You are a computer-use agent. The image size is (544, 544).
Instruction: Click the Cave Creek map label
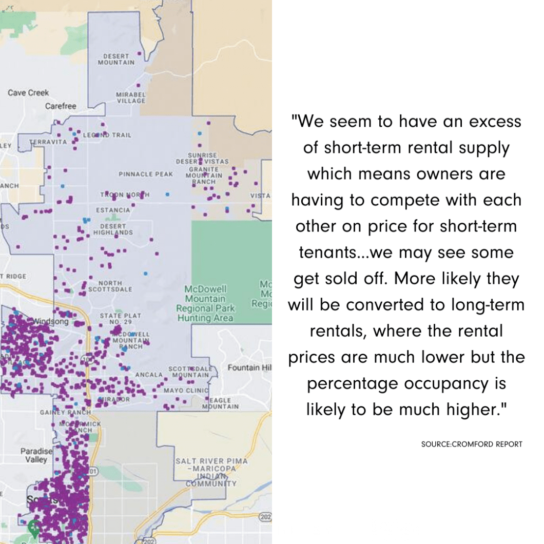(28, 93)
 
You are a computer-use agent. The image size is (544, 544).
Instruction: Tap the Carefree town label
(61, 106)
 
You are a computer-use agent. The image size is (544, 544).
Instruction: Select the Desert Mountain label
(116, 59)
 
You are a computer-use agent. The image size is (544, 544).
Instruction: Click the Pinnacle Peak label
(146, 174)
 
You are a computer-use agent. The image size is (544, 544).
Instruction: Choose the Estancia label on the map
(113, 210)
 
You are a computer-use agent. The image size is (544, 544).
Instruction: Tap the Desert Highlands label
(113, 229)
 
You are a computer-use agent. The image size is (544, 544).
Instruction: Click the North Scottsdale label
(110, 286)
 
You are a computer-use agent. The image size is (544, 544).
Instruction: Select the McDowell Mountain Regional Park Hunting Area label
(205, 304)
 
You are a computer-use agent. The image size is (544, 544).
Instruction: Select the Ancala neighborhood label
(149, 375)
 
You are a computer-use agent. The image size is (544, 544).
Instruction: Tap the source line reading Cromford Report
(471, 444)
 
